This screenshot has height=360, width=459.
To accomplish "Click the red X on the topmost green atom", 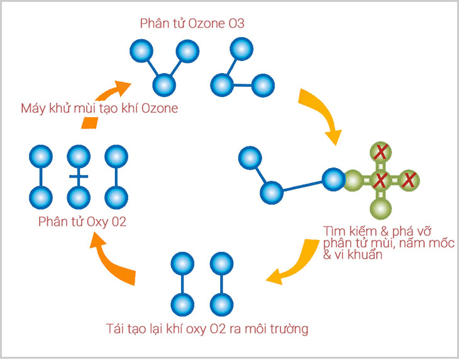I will pyautogui.click(x=380, y=152).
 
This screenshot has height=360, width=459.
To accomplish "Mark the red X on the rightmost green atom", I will pyautogui.click(x=409, y=181).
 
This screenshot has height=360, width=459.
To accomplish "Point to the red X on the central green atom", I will pyautogui.click(x=380, y=181).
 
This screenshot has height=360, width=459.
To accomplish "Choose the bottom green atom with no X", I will pyautogui.click(x=380, y=209).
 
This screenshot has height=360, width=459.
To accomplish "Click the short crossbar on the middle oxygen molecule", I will pyautogui.click(x=79, y=177).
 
